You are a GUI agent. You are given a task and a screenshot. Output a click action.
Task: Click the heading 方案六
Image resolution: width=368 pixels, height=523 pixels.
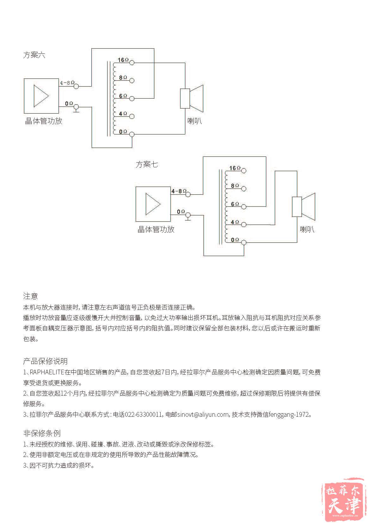click(34, 55)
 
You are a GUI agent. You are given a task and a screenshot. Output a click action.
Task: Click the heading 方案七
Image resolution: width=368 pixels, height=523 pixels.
click(147, 164)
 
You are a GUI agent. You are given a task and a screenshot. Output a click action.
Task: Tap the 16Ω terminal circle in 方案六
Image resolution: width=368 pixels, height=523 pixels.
click(132, 63)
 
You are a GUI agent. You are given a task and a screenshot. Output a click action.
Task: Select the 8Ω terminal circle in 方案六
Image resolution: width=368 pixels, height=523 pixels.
click(132, 81)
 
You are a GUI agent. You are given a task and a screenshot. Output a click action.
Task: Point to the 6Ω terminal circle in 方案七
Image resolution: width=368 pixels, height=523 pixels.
click(243, 206)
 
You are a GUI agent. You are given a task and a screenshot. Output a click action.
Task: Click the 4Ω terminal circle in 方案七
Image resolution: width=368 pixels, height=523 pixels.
click(243, 225)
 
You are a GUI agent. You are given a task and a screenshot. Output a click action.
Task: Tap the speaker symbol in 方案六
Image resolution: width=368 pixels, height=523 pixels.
click(192, 98)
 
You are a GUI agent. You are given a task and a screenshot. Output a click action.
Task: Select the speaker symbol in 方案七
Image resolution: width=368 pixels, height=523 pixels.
click(304, 206)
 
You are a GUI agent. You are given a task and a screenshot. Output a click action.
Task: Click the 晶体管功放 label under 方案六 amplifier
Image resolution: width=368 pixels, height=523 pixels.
click(44, 121)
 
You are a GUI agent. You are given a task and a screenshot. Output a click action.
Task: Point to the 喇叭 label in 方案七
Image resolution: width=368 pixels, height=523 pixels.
click(307, 229)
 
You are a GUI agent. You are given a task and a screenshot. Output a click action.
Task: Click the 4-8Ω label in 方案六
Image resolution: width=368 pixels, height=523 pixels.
click(67, 83)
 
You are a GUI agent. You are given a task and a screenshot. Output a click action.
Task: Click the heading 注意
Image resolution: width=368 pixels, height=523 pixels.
click(30, 296)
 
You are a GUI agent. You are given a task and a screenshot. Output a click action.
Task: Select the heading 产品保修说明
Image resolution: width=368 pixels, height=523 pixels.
click(45, 361)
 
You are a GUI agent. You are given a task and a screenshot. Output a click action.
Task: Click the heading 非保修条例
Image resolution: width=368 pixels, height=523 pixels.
click(42, 433)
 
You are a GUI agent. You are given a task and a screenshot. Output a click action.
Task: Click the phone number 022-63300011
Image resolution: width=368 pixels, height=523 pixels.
click(143, 415)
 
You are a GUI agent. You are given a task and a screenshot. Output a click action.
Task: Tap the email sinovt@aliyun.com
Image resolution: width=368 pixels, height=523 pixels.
click(203, 415)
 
